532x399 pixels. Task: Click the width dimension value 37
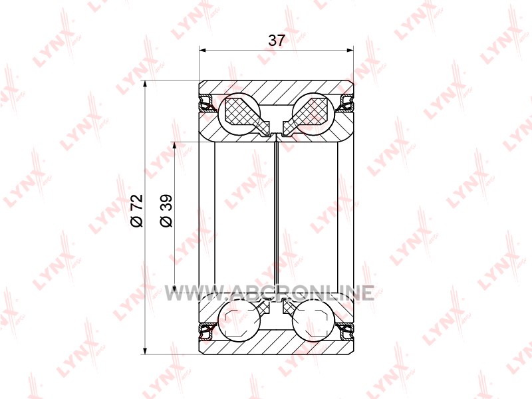click(x=276, y=41)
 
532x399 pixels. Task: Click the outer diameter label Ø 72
click(x=137, y=210)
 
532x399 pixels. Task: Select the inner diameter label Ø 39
click(x=166, y=210)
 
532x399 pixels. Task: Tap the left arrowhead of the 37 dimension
click(x=203, y=51)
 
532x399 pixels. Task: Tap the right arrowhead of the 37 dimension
click(x=350, y=51)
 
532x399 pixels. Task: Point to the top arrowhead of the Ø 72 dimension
click(x=145, y=84)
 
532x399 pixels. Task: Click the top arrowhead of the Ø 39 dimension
click(x=174, y=145)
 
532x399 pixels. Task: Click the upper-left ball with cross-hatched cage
click(x=239, y=112)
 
